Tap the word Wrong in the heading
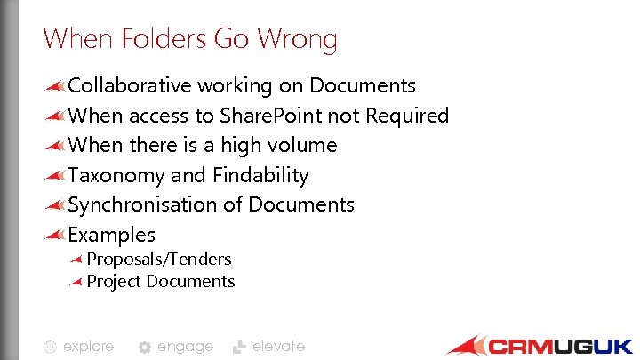(297, 40)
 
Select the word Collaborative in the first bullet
(130, 85)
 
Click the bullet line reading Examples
(112, 235)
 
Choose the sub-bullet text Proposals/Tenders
(159, 259)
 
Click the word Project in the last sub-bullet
(114, 281)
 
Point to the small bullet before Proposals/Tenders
(76, 260)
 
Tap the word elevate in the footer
(278, 347)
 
